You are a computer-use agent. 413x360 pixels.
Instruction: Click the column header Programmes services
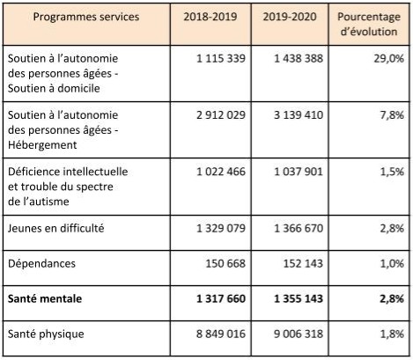click(x=86, y=17)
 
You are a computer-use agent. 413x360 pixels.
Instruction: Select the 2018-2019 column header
click(x=210, y=17)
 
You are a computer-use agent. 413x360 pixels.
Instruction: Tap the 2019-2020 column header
click(x=290, y=17)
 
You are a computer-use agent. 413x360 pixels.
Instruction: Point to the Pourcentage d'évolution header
click(x=369, y=24)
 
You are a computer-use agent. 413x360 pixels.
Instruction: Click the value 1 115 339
click(x=221, y=58)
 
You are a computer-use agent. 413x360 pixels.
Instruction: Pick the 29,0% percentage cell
click(x=389, y=58)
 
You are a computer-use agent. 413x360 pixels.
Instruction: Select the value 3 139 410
click(x=299, y=114)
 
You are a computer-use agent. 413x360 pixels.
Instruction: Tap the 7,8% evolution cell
click(x=392, y=114)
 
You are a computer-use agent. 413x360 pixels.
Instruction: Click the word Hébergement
click(x=42, y=145)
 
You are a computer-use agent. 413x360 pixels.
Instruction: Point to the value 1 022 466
click(x=221, y=172)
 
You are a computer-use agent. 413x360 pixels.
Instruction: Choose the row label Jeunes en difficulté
click(x=55, y=228)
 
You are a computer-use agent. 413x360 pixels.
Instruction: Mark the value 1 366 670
click(x=299, y=228)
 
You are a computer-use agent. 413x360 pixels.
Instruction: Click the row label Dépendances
click(x=41, y=263)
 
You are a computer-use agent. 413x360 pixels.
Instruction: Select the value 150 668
click(x=225, y=263)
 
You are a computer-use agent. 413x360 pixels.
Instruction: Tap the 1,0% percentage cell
click(x=392, y=263)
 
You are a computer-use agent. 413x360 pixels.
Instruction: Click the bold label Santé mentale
click(x=45, y=298)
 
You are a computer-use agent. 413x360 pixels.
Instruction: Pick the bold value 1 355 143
click(x=299, y=298)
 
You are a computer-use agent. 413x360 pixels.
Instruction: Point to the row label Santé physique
click(x=46, y=334)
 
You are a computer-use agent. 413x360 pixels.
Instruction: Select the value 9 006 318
click(x=299, y=334)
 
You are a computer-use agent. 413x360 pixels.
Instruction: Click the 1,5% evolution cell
click(x=392, y=172)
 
